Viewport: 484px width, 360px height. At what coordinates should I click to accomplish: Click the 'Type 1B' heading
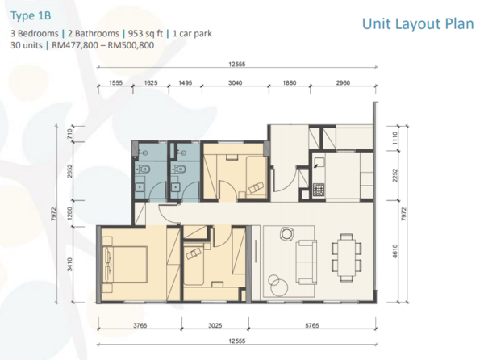coord(31,15)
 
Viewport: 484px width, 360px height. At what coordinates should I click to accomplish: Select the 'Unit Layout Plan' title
coord(418,23)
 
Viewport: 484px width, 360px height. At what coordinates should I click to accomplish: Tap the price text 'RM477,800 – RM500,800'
coord(102,45)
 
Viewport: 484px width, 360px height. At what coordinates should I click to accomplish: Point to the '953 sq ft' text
coord(145,33)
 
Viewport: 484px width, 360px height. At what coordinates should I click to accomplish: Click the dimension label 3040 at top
coord(235,83)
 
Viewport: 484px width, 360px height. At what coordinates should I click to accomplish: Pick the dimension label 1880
coord(290,83)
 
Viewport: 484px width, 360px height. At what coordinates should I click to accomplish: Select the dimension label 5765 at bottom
coord(311,325)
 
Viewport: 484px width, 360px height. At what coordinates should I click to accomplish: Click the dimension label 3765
coord(140,325)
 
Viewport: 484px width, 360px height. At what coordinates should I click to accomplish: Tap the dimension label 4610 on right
coord(395,251)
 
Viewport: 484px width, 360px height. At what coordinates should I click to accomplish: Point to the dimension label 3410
coord(70,264)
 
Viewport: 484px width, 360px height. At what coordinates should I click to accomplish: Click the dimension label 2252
coord(395,175)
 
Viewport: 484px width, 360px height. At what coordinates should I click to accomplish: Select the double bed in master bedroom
coord(125,264)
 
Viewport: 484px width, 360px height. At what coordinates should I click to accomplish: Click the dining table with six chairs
coord(347,257)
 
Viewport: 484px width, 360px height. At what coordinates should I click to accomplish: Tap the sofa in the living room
coord(307,262)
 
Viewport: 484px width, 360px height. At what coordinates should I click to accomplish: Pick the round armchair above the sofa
coord(286,233)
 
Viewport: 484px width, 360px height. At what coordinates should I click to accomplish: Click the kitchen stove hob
coord(319,190)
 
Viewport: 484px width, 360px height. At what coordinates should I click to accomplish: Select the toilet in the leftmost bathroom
coord(143,169)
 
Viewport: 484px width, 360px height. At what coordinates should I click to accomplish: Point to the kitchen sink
coord(319,162)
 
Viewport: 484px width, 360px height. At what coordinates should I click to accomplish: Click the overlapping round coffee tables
coord(278,285)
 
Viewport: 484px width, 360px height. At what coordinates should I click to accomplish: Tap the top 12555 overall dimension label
coord(236,65)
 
